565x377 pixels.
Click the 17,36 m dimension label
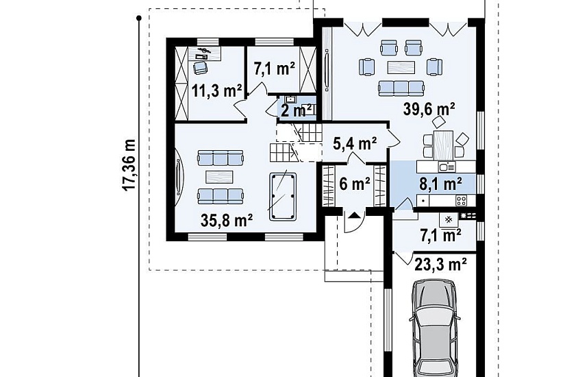(x=129, y=165)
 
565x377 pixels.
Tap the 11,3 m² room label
(x=216, y=90)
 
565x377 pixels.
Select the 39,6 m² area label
(x=429, y=108)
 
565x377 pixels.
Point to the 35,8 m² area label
(x=226, y=221)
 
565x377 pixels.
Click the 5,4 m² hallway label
(x=355, y=143)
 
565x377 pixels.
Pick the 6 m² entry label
(x=355, y=184)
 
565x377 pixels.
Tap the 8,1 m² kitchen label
(x=440, y=184)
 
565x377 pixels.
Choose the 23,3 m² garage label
(x=440, y=265)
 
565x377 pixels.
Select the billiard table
(x=282, y=197)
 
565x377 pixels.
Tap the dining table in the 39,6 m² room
(x=443, y=145)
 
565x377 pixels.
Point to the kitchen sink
(x=447, y=167)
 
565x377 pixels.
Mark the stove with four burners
(x=462, y=200)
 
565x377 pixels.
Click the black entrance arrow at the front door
(x=355, y=215)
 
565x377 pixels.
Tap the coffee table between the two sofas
(x=219, y=177)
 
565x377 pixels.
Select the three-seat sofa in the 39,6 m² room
(x=401, y=88)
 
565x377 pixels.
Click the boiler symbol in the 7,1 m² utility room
(x=449, y=219)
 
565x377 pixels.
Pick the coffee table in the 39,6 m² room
(x=401, y=67)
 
